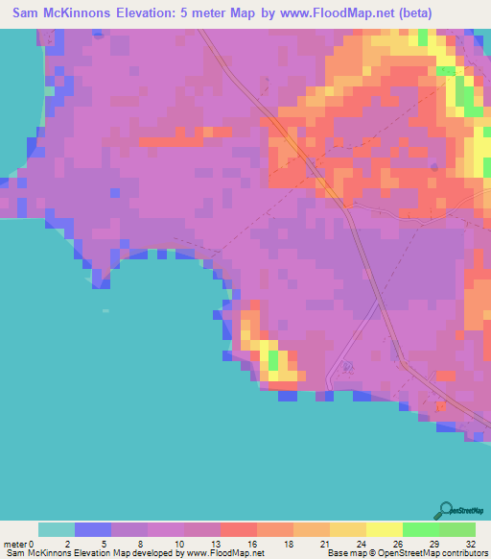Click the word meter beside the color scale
click(x=15, y=544)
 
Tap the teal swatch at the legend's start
click(x=56, y=529)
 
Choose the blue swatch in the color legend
click(x=92, y=529)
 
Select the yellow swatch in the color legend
click(x=384, y=529)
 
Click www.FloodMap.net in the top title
click(x=318, y=13)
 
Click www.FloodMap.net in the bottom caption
click(x=223, y=553)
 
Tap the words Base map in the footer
click(x=346, y=553)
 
